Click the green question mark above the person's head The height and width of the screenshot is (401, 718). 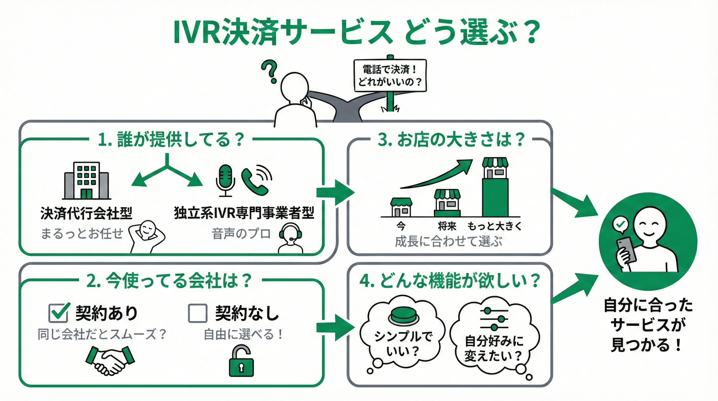coord(270,71)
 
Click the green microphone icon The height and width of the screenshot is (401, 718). coord(225,180)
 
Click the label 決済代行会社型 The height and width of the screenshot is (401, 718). coord(86,213)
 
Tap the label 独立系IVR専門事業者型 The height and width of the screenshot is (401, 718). coord(244,213)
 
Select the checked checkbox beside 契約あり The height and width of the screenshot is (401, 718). coord(58,312)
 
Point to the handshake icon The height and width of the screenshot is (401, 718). coord(110,360)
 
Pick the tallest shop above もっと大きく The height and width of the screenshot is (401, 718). coord(495,187)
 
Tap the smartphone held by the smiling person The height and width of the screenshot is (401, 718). coord(627,250)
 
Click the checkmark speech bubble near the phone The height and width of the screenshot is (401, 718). coord(620,225)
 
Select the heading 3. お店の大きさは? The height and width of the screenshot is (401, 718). coord(451,140)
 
